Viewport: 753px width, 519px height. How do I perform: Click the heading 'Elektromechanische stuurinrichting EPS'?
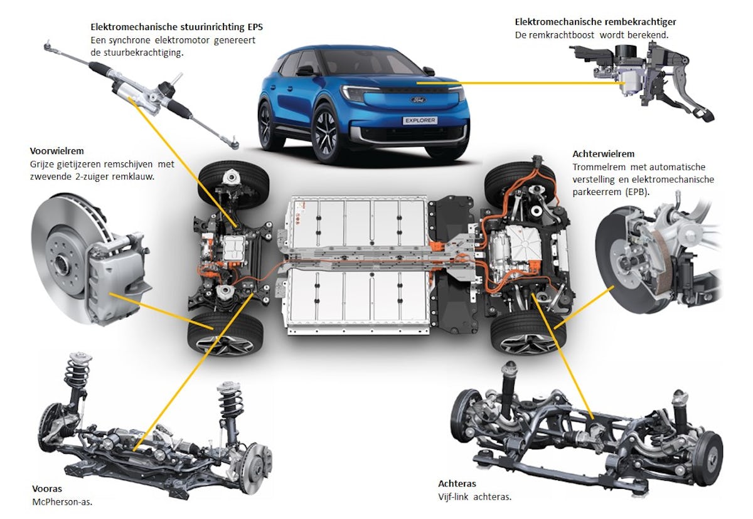click(x=176, y=28)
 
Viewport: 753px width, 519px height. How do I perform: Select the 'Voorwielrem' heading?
click(x=56, y=151)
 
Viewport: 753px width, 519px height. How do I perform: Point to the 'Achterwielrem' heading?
click(x=603, y=154)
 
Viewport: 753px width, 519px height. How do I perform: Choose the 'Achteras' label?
click(x=457, y=484)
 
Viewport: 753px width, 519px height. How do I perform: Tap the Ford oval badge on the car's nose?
click(x=419, y=100)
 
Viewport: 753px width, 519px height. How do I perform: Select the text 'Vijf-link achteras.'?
click(x=475, y=497)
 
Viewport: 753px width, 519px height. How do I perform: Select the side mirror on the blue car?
click(x=306, y=71)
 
